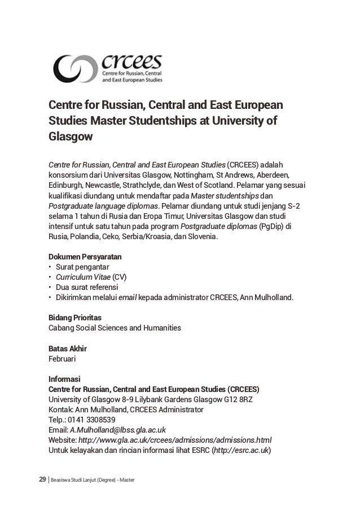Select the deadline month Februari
pyautogui.click(x=64, y=358)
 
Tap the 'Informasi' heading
pyautogui.click(x=65, y=379)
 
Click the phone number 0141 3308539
pyautogui.click(x=92, y=420)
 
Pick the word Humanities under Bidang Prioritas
pyautogui.click(x=161, y=328)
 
